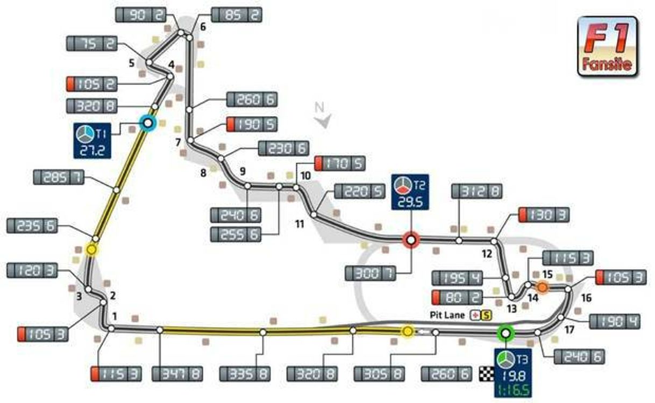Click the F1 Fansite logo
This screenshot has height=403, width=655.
coord(608,47)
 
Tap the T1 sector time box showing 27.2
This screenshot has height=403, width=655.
coord(92,141)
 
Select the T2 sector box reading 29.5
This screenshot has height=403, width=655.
coord(410,192)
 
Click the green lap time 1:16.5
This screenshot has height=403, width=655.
coord(513,391)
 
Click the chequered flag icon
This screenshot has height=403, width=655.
coord(487,374)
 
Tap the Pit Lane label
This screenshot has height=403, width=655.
coord(447,315)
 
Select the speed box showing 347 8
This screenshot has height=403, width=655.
coord(177,374)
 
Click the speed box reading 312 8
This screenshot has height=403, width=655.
coord(476,191)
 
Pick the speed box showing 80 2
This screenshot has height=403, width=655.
coord(457,298)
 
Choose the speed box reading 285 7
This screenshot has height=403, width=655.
coord(59,177)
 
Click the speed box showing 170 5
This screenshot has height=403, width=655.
coord(340,163)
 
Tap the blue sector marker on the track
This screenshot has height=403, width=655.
coord(148,124)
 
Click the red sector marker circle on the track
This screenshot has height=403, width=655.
coord(411,240)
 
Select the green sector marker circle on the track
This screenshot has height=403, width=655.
coord(506,333)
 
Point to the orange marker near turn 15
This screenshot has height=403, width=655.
coord(543,287)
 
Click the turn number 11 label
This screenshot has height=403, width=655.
coord(300,224)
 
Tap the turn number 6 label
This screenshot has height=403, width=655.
coord(203,27)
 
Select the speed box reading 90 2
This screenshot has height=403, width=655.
coord(141,15)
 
